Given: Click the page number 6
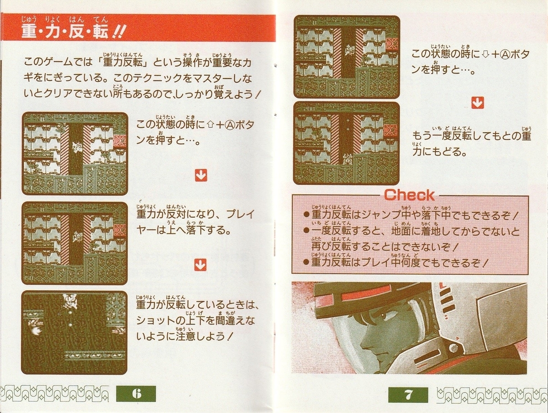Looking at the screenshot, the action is tap(136, 394).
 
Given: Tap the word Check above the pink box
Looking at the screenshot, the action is tap(410, 195).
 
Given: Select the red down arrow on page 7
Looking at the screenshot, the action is tap(477, 103).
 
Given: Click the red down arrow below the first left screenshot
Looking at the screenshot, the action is tap(201, 175).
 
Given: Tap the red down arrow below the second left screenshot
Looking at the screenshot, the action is tap(200, 265).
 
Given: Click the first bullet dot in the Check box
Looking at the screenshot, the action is tap(306, 215).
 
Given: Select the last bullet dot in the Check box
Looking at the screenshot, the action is tap(306, 262).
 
